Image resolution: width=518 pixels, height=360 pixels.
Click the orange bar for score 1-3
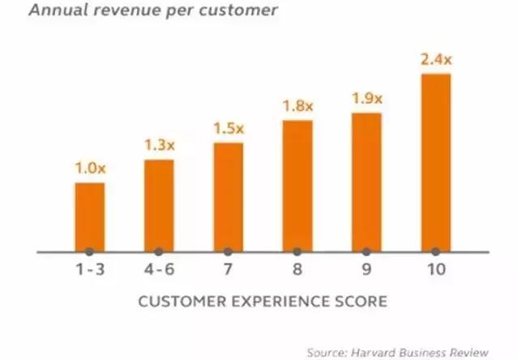coord(89,216)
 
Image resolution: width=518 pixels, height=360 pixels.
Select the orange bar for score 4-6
coord(159,205)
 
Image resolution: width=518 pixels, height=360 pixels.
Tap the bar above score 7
coord(228,197)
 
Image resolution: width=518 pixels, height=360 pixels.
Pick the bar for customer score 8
coord(298,186)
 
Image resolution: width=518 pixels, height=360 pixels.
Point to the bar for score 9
coord(366,182)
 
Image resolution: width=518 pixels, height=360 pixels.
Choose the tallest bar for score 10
coord(436,162)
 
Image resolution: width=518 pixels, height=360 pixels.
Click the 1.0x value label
coord(89,169)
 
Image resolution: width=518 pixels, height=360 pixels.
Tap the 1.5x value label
coord(228,130)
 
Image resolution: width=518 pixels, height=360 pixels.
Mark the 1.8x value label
coord(298,107)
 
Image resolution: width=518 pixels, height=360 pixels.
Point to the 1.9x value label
coord(366,99)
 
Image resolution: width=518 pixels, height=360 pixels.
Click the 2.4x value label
coord(436,60)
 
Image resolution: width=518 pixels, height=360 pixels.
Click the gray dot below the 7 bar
coord(228,252)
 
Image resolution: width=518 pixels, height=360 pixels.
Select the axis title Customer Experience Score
coord(263,302)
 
